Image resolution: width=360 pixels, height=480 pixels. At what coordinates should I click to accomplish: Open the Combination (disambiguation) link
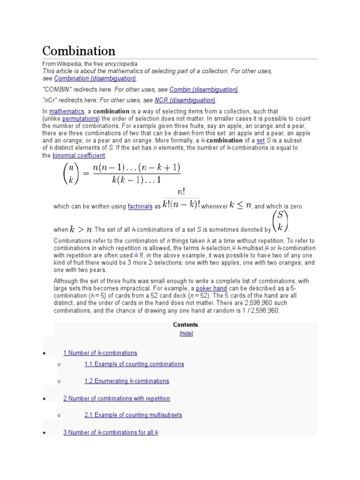point(95,78)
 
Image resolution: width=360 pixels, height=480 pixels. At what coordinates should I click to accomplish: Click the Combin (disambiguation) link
point(203,89)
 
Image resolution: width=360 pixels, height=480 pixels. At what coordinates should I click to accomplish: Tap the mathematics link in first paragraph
point(67,111)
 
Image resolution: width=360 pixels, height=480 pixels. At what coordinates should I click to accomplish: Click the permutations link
point(79,119)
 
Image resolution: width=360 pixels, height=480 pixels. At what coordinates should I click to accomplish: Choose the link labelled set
point(261,141)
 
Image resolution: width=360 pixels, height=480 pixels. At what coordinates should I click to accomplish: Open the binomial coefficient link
point(79,155)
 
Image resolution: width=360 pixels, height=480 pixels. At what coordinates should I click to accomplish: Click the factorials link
point(140,206)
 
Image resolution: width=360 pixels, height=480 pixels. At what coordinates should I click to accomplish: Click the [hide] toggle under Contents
point(186,333)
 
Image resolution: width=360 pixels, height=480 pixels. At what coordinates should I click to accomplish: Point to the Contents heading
point(186,324)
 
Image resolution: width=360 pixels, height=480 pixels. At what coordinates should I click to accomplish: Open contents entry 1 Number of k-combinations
point(100,353)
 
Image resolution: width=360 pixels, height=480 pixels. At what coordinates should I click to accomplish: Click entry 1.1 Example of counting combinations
point(134,364)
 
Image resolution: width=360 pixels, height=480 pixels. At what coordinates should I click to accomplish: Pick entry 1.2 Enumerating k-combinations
point(127,381)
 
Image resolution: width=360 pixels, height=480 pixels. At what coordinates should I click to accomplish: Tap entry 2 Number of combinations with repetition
point(116,398)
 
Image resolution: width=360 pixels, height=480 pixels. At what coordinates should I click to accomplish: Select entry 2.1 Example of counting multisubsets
point(133,415)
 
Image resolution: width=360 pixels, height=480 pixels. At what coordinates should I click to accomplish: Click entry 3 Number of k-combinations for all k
point(111,432)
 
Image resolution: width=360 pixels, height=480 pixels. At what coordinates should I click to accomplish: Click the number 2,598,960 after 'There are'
point(259,303)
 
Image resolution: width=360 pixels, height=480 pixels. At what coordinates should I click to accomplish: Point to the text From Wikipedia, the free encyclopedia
point(90,63)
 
